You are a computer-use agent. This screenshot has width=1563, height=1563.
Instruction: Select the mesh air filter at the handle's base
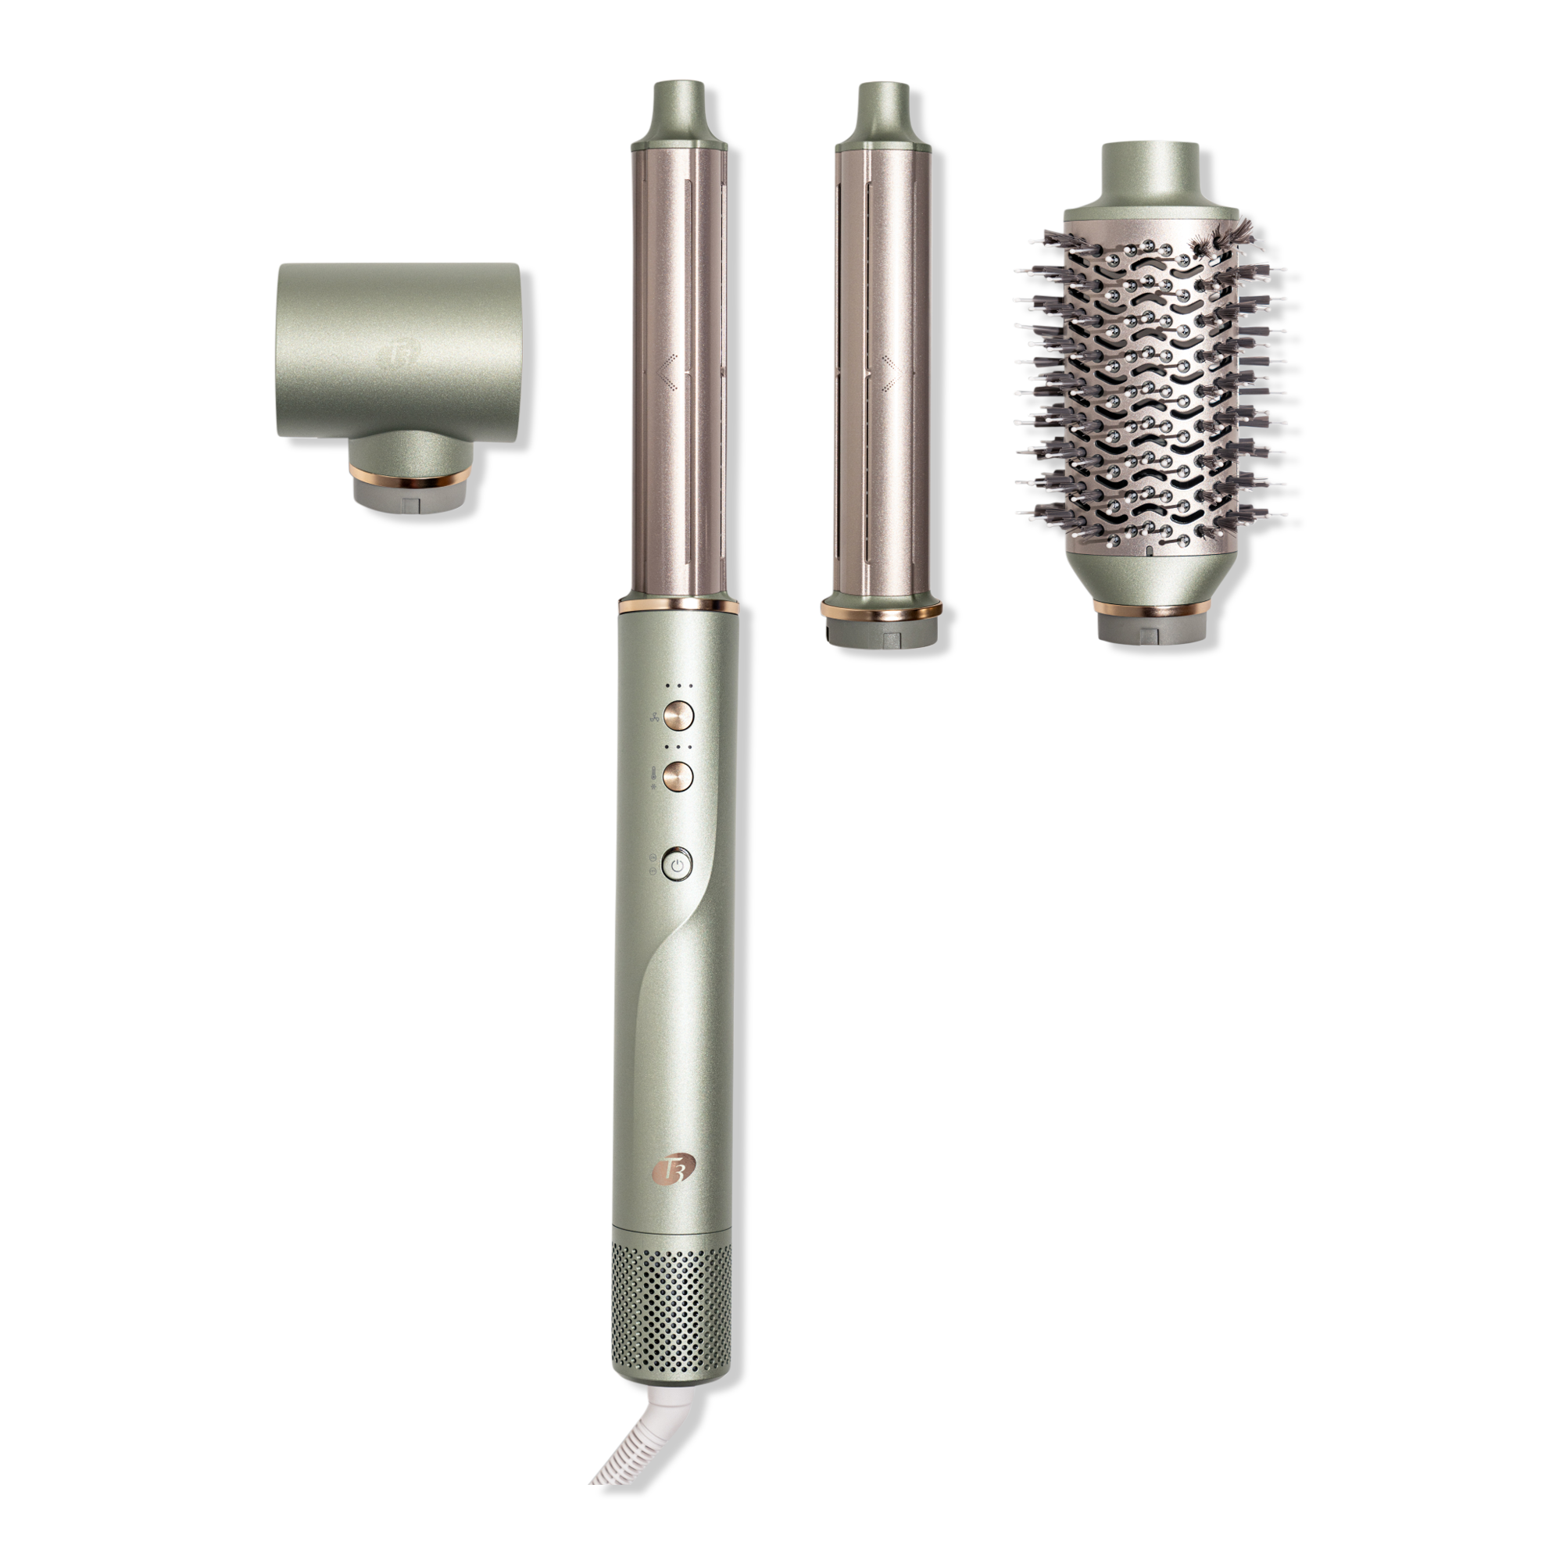(x=671, y=1300)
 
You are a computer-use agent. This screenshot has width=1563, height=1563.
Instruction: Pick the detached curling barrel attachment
(x=882, y=364)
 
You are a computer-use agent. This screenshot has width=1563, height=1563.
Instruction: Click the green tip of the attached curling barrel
(x=679, y=114)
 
